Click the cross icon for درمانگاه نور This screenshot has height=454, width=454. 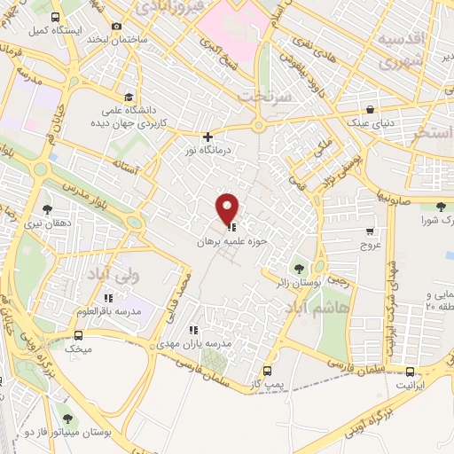tap(207, 137)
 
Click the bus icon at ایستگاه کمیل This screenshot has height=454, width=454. tap(55, 18)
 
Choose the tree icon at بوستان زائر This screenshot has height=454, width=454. tap(298, 267)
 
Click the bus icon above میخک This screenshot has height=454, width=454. tap(78, 336)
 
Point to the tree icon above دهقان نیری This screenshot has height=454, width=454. tap(47, 209)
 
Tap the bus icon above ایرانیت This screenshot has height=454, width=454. tap(410, 373)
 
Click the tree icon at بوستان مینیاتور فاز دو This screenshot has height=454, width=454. tap(67, 418)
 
